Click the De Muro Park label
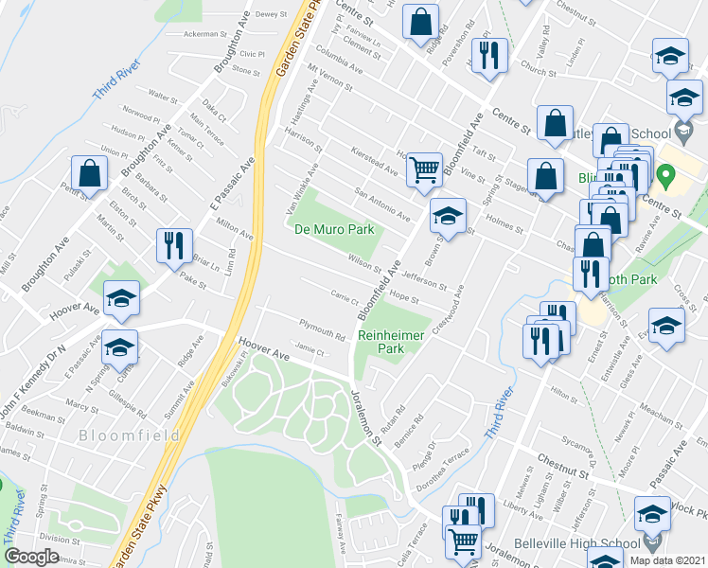point(334,230)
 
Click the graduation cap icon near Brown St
point(448,216)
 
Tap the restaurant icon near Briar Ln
point(174,245)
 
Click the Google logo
point(31,557)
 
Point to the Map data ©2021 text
point(667,560)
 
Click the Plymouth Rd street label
point(322,330)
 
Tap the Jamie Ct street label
point(310,352)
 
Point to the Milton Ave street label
point(235,230)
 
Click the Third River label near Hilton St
point(499,413)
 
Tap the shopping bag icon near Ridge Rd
point(420,23)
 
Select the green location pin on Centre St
point(666,175)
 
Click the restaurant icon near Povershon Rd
point(491,55)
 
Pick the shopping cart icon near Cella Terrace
point(462,541)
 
